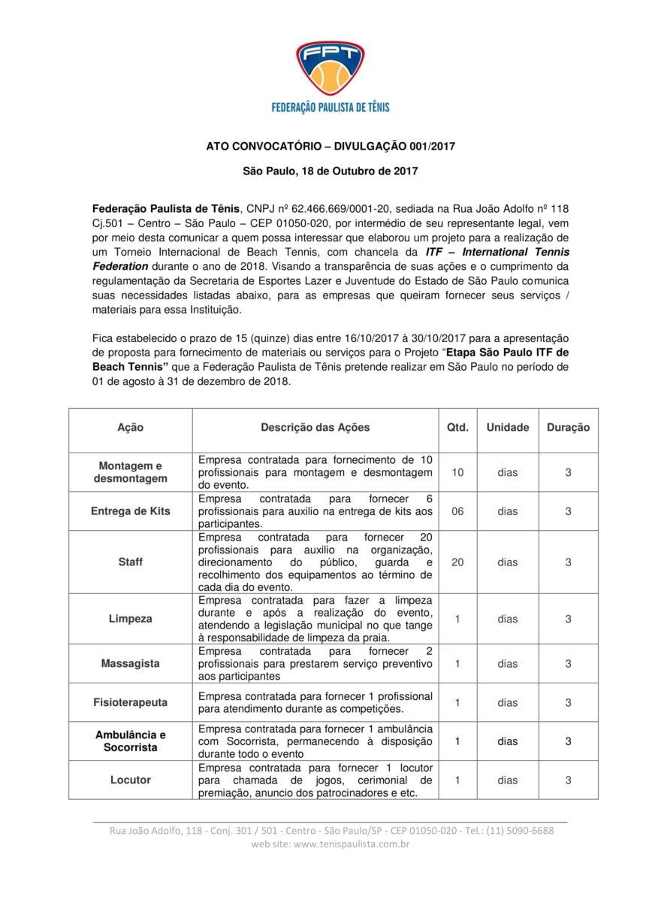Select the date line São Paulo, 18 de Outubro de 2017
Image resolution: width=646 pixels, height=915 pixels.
331,171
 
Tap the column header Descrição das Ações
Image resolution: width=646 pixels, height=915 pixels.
315,428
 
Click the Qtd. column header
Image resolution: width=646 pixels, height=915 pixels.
457,428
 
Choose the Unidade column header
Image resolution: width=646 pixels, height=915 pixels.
508,428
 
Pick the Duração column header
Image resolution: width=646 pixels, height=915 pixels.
568,428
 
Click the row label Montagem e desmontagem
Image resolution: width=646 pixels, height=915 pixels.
131,472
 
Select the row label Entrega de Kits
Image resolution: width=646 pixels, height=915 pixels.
131,511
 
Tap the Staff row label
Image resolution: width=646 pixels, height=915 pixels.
131,562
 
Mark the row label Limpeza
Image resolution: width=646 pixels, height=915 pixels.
131,619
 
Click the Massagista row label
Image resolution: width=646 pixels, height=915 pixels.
131,664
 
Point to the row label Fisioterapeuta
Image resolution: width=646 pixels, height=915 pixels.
131,702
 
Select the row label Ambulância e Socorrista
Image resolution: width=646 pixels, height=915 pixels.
131,741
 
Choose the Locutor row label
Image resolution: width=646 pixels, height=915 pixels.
131,780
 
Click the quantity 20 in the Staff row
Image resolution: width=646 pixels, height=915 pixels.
457,562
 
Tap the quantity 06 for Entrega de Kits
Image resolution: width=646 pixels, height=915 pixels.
457,511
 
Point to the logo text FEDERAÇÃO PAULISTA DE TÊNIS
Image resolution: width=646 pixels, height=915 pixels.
331,108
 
